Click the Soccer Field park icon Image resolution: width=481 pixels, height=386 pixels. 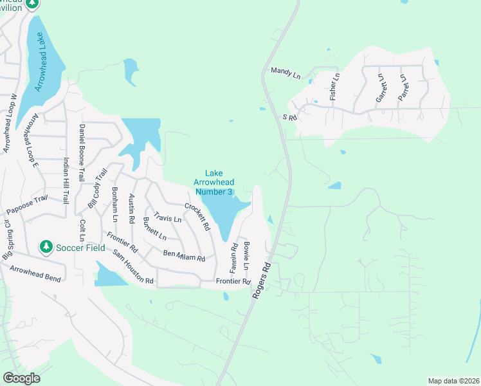point(46,246)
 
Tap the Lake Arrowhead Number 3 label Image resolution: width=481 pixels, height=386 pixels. point(213,182)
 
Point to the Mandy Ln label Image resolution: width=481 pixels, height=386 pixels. point(286,74)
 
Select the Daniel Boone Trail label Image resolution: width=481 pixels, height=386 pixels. point(82,153)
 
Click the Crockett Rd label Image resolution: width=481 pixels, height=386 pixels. point(197,217)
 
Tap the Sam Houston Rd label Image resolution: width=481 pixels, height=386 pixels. point(133,267)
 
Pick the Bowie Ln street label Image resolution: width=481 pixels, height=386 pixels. point(246,257)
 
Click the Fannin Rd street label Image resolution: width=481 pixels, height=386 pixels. point(234,255)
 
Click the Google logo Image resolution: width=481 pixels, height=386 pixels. point(22,378)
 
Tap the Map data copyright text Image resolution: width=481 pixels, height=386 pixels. point(453,381)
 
